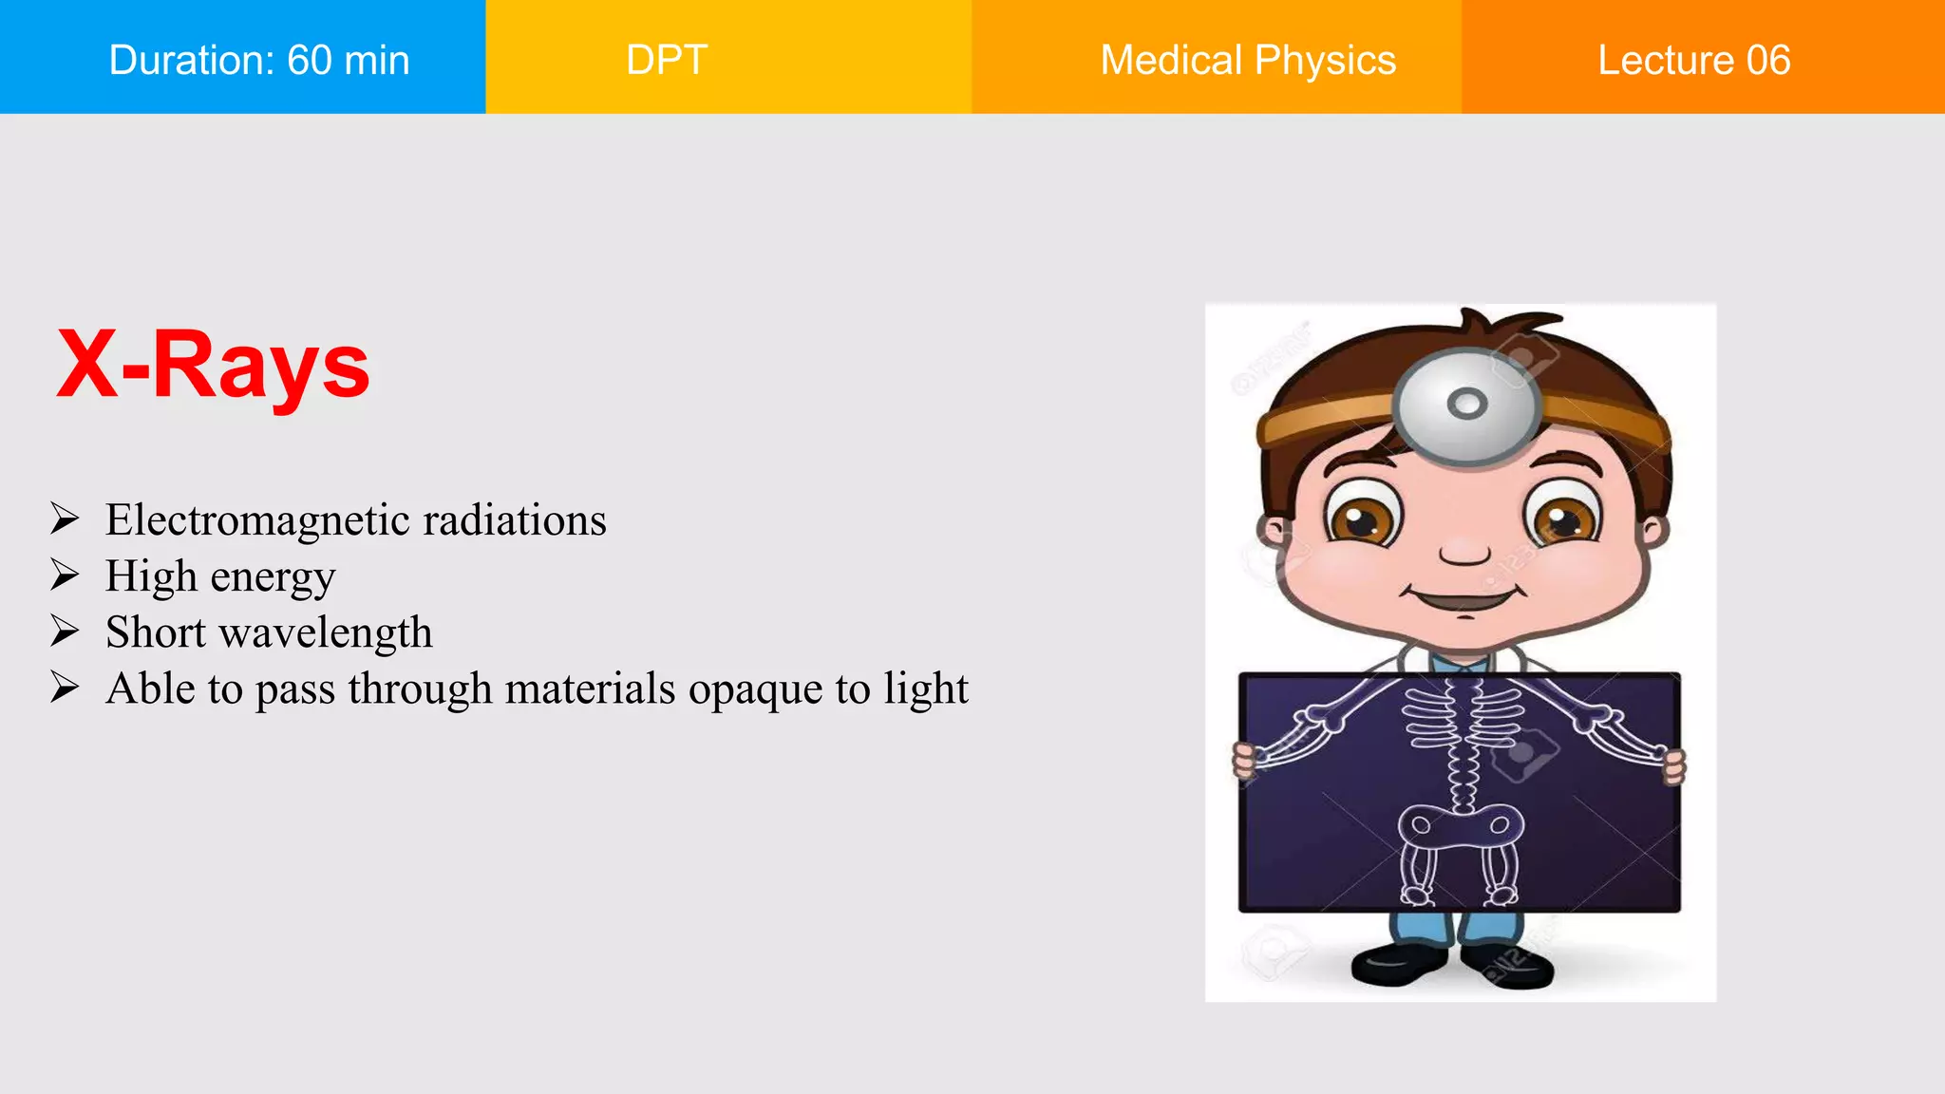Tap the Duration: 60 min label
[x=258, y=60]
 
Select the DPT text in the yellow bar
[x=667, y=60]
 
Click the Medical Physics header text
[x=1248, y=60]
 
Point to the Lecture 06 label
[x=1693, y=60]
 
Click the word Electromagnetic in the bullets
[x=257, y=520]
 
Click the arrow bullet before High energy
[x=65, y=575]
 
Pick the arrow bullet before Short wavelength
[x=65, y=632]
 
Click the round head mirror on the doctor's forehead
[x=1466, y=405]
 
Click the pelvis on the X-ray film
[x=1461, y=824]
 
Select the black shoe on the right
[x=1510, y=967]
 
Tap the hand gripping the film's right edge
[x=1673, y=765]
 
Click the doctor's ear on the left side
[x=1273, y=532]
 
